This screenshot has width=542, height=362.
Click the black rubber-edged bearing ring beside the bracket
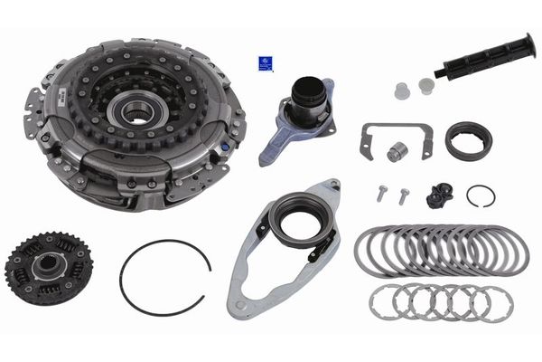point(467,140)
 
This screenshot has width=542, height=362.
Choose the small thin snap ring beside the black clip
point(481,195)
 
